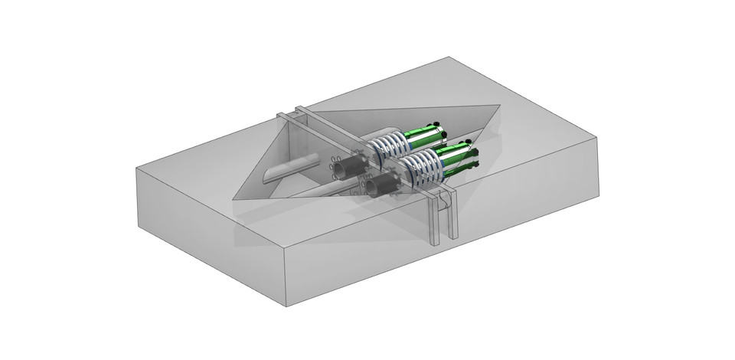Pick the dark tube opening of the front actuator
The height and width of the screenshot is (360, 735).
[375, 186]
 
